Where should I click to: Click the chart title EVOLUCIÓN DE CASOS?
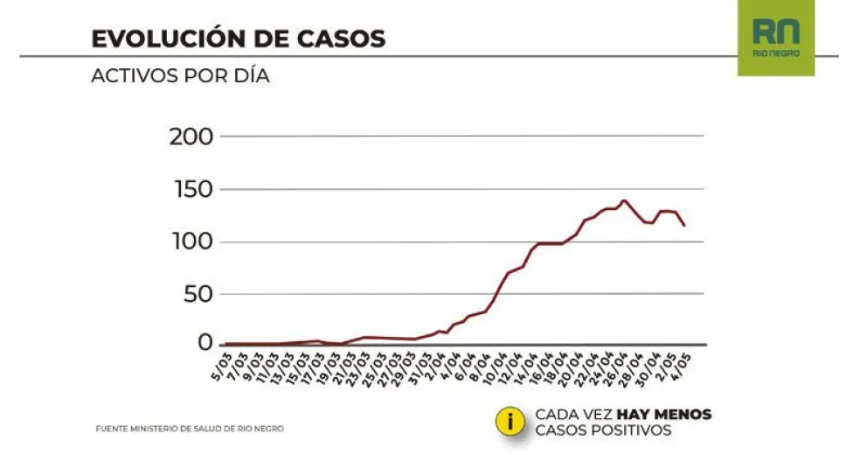pyautogui.click(x=239, y=39)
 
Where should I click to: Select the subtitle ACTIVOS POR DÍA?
pyautogui.click(x=180, y=76)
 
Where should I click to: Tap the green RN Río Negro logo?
pyautogui.click(x=775, y=38)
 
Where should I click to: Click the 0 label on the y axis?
pyautogui.click(x=207, y=342)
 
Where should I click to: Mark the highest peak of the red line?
pyautogui.click(x=623, y=200)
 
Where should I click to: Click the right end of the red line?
pyautogui.click(x=684, y=226)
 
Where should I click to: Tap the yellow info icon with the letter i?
pyautogui.click(x=510, y=421)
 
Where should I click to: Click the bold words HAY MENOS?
pyautogui.click(x=664, y=414)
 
